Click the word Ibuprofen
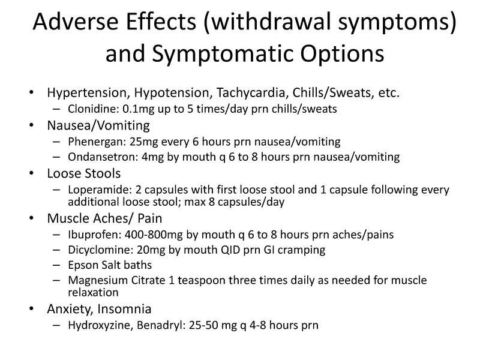point(85,233)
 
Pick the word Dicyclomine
point(89,249)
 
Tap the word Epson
point(76,265)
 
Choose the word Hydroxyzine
point(92,325)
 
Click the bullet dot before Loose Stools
point(31,175)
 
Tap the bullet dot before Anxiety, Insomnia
point(31,310)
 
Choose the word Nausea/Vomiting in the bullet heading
point(90,126)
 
